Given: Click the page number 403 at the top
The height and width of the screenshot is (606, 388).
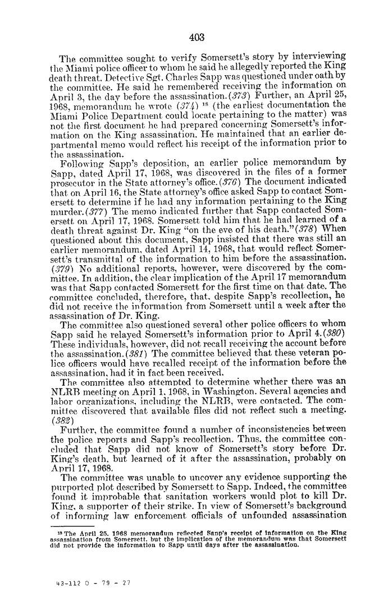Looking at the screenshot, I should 197,38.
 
